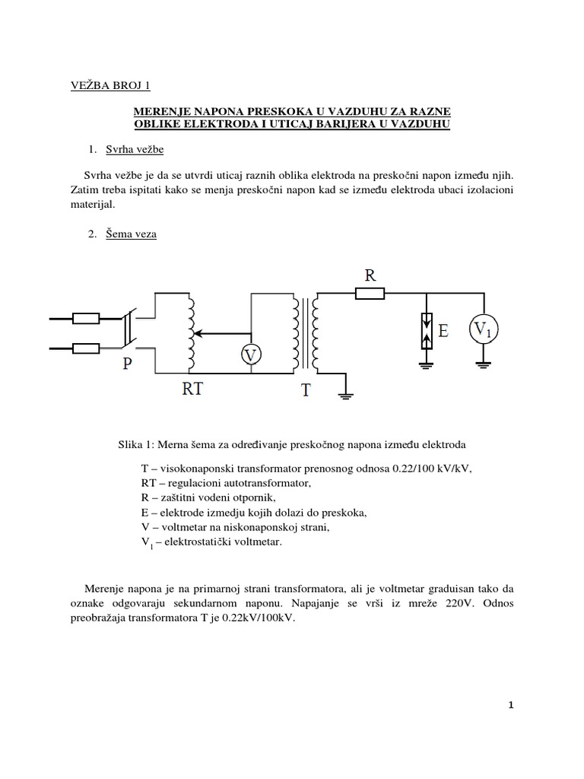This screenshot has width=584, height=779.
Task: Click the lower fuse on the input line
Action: tap(86, 348)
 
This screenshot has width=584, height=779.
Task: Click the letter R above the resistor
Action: tap(370, 275)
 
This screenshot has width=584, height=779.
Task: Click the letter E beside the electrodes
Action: tap(443, 330)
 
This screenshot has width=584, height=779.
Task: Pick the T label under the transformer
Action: tap(306, 390)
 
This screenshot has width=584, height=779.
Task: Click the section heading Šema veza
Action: tap(132, 234)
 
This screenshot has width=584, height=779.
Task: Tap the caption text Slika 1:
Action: tap(139, 443)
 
